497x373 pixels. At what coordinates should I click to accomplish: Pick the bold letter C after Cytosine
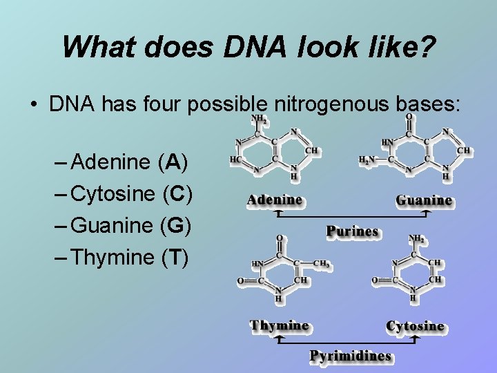177,194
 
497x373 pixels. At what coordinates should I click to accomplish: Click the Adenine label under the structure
275,200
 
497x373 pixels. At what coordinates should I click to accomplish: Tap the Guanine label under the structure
424,200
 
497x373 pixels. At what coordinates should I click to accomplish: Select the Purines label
352,231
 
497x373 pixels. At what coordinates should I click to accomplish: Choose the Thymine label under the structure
280,325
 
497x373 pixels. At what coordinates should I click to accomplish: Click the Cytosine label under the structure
415,325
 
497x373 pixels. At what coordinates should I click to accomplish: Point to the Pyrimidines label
350,356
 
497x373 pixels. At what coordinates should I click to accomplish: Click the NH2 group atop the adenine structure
259,119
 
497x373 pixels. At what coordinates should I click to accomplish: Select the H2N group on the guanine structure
367,160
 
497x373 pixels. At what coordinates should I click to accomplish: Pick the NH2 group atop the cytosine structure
417,238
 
